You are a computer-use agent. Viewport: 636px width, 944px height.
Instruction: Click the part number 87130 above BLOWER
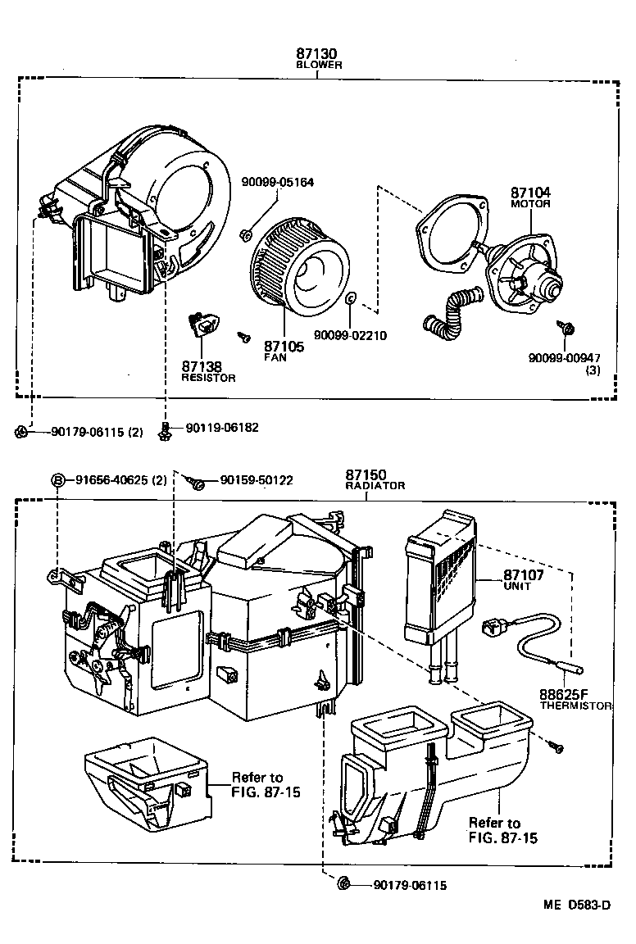coord(318,53)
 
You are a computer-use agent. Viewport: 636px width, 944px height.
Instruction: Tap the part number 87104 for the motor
coord(530,193)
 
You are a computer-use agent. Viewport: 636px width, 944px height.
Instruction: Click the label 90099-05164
coord(278,182)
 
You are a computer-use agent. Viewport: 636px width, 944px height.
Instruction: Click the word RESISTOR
coord(208,378)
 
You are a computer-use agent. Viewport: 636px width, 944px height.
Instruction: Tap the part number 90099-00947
coord(565,357)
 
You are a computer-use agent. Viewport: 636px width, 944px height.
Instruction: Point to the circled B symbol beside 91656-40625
coord(59,480)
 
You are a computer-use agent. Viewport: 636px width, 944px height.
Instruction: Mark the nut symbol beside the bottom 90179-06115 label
coord(345,883)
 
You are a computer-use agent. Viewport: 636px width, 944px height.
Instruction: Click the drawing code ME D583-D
coord(576,905)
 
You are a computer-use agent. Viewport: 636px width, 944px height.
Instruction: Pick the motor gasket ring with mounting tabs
coord(447,234)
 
